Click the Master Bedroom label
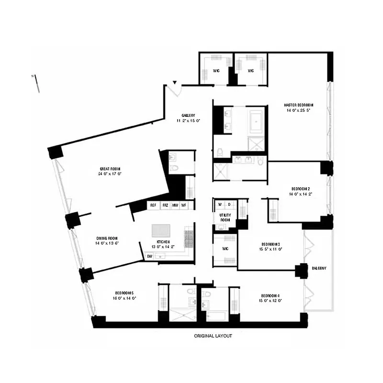tap(298, 105)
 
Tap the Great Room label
tap(110, 169)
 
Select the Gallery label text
tap(188, 115)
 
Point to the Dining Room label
tap(107, 238)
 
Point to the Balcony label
tap(318, 268)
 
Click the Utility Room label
tap(225, 217)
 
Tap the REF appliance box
tap(153, 205)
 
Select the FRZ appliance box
tap(165, 205)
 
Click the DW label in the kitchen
tap(150, 256)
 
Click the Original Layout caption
tap(213, 336)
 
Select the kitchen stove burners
tap(188, 235)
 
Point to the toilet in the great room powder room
tap(175, 167)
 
